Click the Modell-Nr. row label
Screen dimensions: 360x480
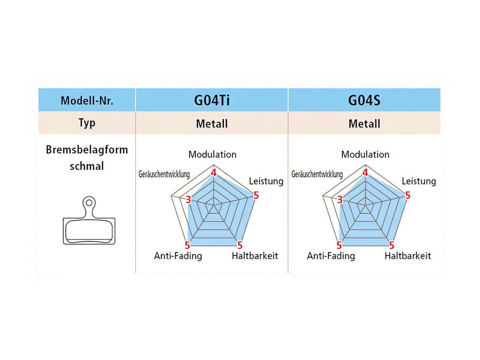click(x=87, y=100)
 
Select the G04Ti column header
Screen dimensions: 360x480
click(x=212, y=100)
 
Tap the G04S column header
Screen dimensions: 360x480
click(x=364, y=100)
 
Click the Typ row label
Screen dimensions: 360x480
click(x=87, y=123)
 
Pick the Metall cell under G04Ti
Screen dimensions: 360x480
click(x=212, y=124)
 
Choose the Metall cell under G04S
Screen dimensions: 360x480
click(x=364, y=124)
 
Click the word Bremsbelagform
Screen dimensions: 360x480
click(x=87, y=150)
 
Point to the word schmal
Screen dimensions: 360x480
click(x=87, y=166)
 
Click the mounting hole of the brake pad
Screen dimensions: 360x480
click(x=89, y=203)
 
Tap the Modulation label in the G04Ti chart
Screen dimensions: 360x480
click(x=212, y=154)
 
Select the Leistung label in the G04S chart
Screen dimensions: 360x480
click(x=419, y=181)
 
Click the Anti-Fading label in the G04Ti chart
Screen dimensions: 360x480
click(x=178, y=256)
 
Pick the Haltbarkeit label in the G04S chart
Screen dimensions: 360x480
click(x=408, y=256)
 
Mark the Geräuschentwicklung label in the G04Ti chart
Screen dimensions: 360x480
click(x=164, y=174)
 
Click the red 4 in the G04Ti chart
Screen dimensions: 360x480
click(x=214, y=173)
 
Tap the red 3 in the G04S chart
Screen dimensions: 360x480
click(x=340, y=199)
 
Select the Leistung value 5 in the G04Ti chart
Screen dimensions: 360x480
click(x=256, y=196)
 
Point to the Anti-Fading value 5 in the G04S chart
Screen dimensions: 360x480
click(x=339, y=245)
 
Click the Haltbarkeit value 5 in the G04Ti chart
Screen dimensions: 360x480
click(x=240, y=245)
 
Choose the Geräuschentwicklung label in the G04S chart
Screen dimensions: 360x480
click(x=317, y=174)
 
